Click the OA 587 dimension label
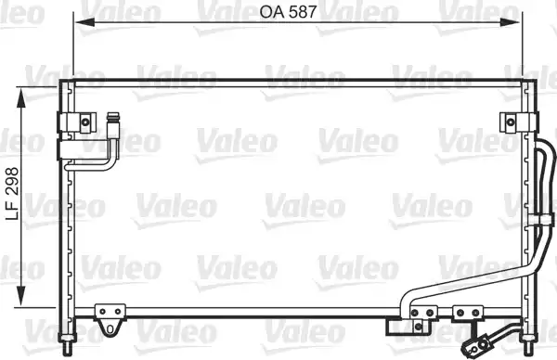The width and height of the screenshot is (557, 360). point(288,12)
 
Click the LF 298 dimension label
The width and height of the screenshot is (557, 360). point(12,194)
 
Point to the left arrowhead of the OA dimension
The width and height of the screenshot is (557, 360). point(84,22)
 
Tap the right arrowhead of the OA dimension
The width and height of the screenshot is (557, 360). point(510,22)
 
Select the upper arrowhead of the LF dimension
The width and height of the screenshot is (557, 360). point(21,98)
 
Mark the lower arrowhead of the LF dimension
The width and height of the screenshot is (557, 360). point(21,295)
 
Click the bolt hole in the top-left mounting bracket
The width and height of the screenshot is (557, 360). point(85,122)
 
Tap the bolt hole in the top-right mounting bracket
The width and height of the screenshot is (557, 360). point(511,122)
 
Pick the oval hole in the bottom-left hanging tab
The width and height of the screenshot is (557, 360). point(110,328)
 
